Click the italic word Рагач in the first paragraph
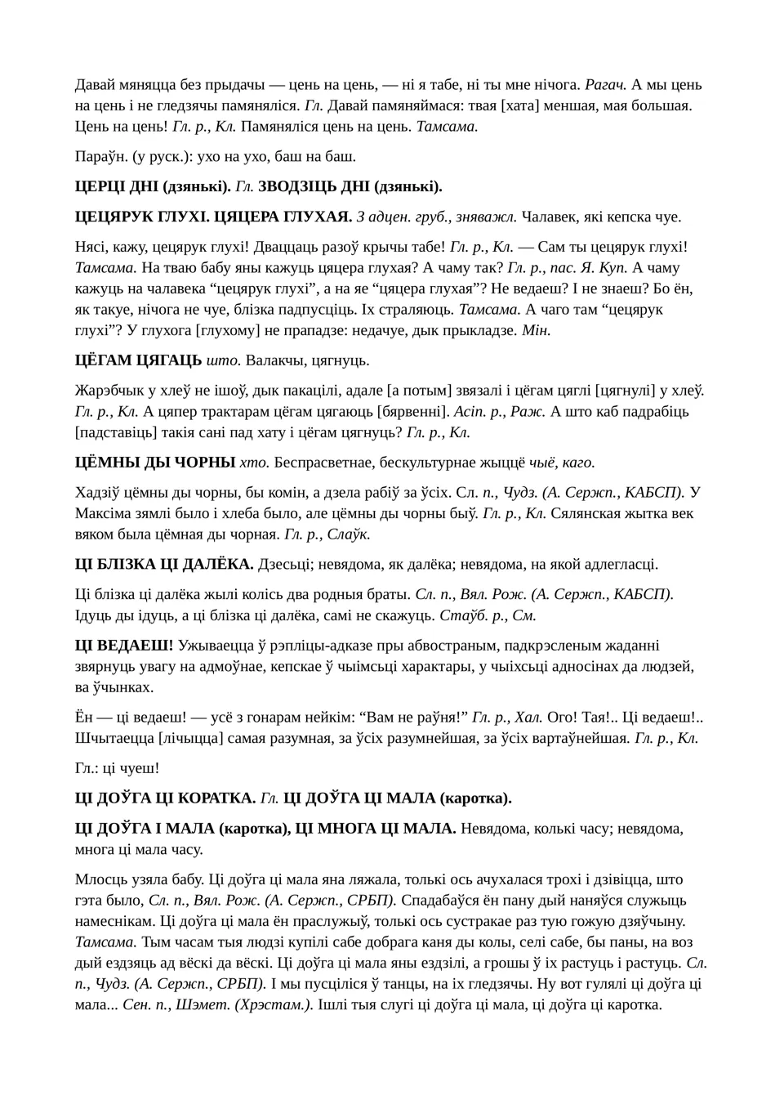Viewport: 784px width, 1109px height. point(606,85)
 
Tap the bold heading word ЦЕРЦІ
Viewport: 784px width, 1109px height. point(100,186)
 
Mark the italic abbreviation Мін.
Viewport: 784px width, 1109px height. point(536,330)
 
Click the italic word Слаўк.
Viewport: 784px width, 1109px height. point(350,534)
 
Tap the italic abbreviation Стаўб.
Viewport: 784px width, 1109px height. point(461,615)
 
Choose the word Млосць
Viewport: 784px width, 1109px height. point(100,879)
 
